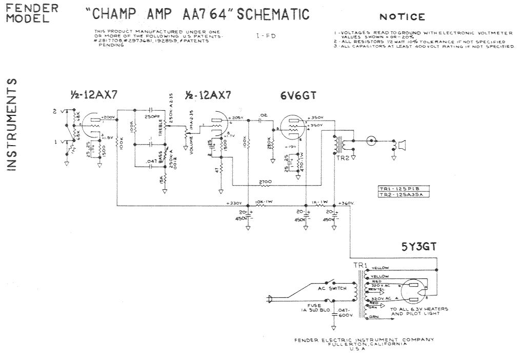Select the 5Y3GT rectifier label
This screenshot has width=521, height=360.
[419, 247]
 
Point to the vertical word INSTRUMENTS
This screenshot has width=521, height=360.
[13, 125]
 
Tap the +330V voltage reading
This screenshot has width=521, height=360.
[234, 203]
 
